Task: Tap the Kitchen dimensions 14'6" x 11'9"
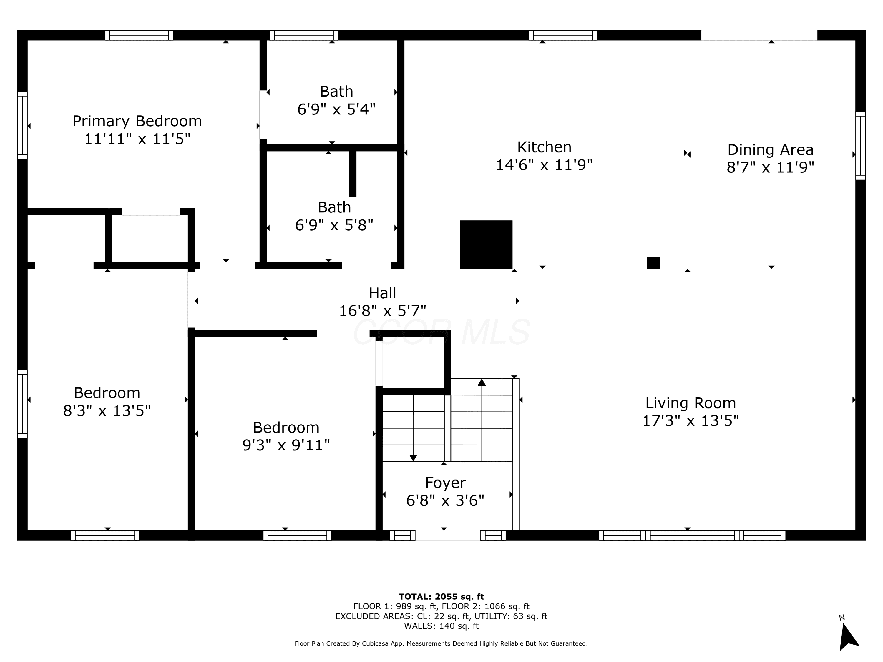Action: tap(544, 164)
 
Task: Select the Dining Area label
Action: tap(771, 150)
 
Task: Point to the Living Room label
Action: tap(691, 403)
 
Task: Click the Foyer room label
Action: tap(446, 483)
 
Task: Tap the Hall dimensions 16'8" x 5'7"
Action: tap(382, 310)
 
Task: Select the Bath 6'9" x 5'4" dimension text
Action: tap(336, 109)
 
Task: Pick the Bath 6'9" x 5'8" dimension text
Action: tap(334, 225)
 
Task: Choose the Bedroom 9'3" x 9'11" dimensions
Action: tap(286, 445)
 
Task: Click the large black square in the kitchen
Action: tap(486, 244)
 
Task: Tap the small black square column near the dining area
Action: tap(653, 263)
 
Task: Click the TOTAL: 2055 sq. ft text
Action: tap(441, 597)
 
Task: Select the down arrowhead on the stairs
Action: tap(413, 458)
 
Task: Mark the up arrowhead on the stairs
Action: tap(482, 382)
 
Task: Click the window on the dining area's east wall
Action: tap(860, 146)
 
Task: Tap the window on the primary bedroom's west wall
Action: tap(22, 125)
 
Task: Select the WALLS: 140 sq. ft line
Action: tap(441, 626)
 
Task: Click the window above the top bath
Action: tap(304, 35)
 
